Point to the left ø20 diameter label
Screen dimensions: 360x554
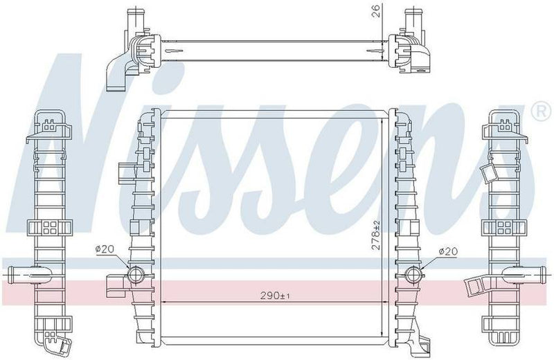click(105, 250)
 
